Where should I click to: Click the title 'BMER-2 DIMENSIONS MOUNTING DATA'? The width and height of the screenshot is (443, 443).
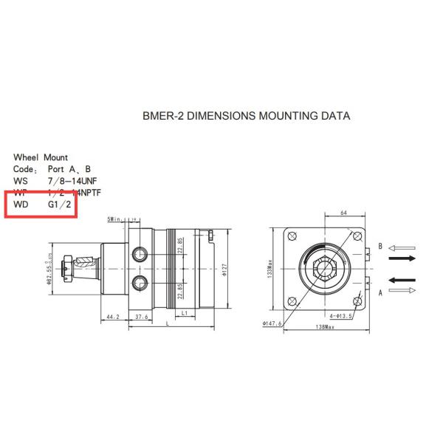pyautogui.click(x=245, y=116)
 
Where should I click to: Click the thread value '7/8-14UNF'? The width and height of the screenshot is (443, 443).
pyautogui.click(x=72, y=180)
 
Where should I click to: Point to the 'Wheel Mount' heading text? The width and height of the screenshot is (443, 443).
pyautogui.click(x=41, y=157)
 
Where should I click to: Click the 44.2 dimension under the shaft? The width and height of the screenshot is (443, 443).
pyautogui.click(x=113, y=316)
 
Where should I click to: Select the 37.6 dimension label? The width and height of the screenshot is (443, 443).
pyautogui.click(x=141, y=316)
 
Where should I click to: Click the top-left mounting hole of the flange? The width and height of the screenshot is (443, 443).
pyautogui.click(x=293, y=236)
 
